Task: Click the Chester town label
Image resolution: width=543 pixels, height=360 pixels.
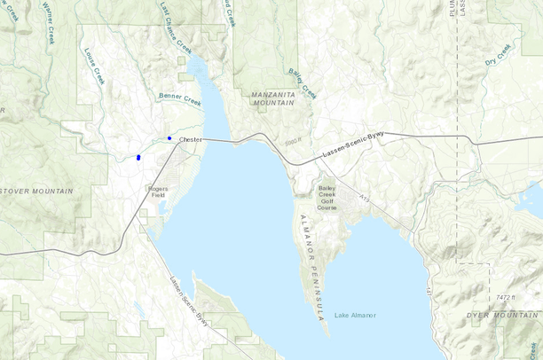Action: (x=191, y=140)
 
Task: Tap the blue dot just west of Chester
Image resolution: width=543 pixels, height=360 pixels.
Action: (x=169, y=138)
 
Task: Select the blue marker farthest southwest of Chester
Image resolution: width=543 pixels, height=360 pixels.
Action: (x=138, y=157)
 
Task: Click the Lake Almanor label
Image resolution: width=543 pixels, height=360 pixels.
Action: (x=355, y=316)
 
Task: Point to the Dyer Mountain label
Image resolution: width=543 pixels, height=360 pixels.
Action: (x=503, y=315)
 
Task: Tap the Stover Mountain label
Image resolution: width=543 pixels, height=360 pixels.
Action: (x=36, y=191)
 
